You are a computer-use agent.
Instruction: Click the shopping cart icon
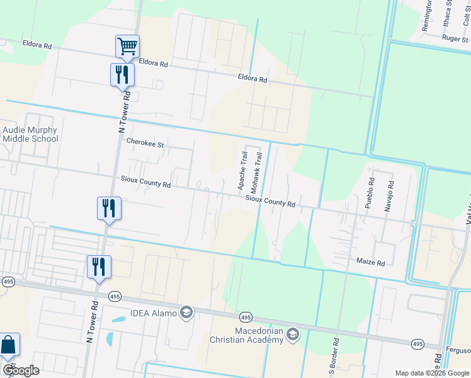(x=127, y=46)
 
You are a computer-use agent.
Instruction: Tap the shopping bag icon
(x=8, y=345)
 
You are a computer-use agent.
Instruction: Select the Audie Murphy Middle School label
(x=30, y=135)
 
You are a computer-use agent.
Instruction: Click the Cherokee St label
(x=145, y=144)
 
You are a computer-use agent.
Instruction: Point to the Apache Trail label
(x=242, y=171)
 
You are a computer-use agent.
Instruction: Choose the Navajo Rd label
(x=390, y=196)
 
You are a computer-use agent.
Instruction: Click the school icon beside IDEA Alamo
(x=186, y=312)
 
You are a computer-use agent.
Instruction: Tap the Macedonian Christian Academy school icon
(x=292, y=335)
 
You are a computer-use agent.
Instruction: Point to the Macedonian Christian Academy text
(x=250, y=336)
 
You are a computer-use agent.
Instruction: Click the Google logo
(x=21, y=370)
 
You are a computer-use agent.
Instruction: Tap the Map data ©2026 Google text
(x=432, y=373)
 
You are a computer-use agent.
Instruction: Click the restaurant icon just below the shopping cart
(x=122, y=74)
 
